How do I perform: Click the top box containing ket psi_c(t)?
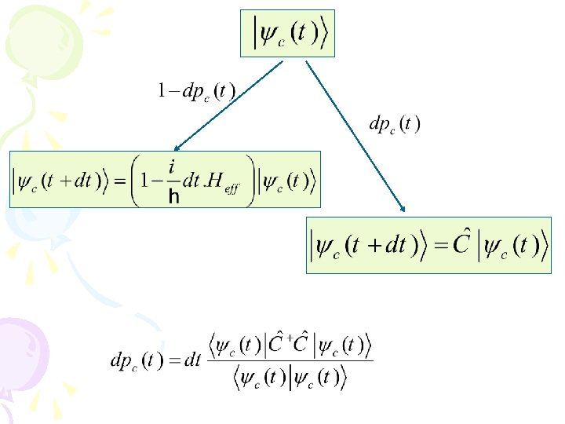pyautogui.click(x=287, y=34)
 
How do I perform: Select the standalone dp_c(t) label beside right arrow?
pyautogui.click(x=395, y=123)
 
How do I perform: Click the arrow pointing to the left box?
pyautogui.click(x=228, y=105)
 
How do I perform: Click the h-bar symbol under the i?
pyautogui.click(x=174, y=197)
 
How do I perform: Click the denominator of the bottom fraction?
pyautogui.click(x=290, y=378)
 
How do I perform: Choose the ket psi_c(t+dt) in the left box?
pyautogui.click(x=60, y=182)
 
